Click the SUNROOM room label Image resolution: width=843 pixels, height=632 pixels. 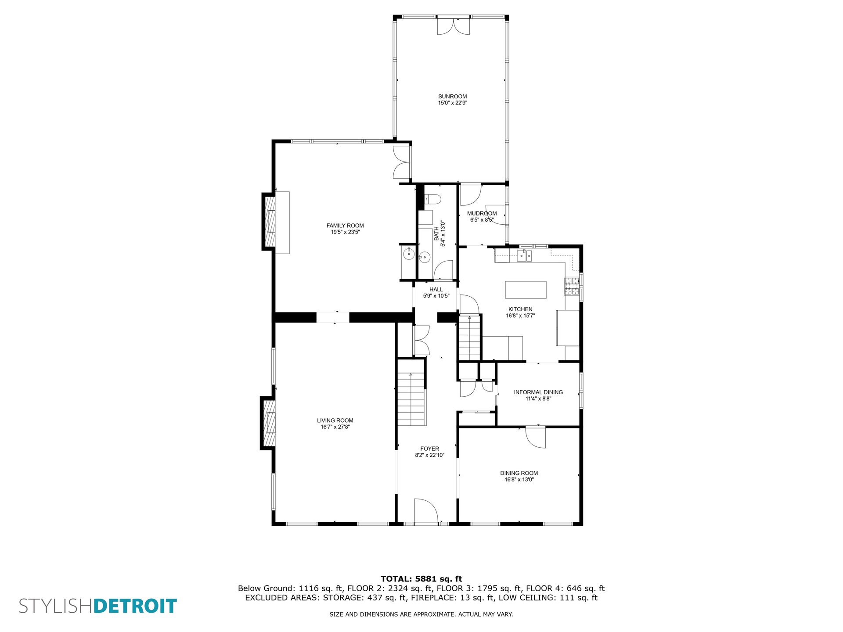pyautogui.click(x=452, y=97)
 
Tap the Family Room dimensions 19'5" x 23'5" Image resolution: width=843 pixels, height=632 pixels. pyautogui.click(x=345, y=232)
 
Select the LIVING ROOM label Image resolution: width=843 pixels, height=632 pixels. pyautogui.click(x=335, y=420)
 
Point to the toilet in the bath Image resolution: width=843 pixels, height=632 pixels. pyautogui.click(x=432, y=200)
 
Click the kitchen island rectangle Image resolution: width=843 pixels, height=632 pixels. pyautogui.click(x=526, y=290)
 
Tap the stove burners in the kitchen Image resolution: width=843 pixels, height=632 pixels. pyautogui.click(x=572, y=286)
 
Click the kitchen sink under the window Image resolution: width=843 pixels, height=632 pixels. pyautogui.click(x=524, y=255)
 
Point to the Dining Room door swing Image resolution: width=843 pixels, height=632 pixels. pyautogui.click(x=536, y=437)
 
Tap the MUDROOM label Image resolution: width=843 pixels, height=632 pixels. pyautogui.click(x=482, y=214)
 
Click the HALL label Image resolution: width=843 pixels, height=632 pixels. pyautogui.click(x=436, y=290)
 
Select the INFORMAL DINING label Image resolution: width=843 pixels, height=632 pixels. pyautogui.click(x=538, y=392)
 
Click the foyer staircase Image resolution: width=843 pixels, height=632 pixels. pyautogui.click(x=411, y=399)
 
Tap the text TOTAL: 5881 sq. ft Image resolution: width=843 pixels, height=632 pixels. pyautogui.click(x=421, y=579)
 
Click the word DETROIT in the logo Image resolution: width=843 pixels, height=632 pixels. pyautogui.click(x=135, y=606)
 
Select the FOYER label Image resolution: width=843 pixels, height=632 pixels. pyautogui.click(x=429, y=449)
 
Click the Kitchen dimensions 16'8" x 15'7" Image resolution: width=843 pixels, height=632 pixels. pyautogui.click(x=520, y=316)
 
